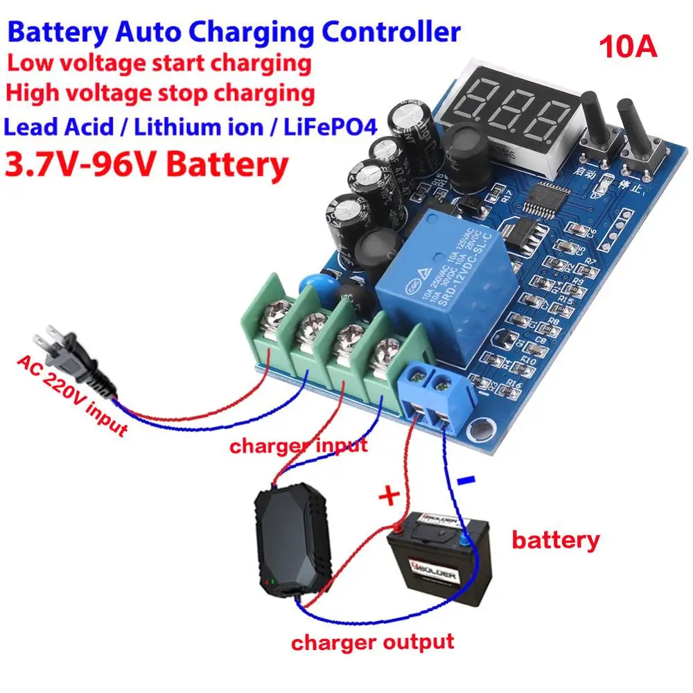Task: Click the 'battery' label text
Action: [555, 540]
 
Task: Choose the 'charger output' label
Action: [373, 642]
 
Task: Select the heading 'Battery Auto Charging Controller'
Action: [234, 32]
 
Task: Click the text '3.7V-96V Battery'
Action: [146, 166]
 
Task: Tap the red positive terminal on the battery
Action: [398, 527]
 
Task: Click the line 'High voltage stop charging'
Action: [161, 92]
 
